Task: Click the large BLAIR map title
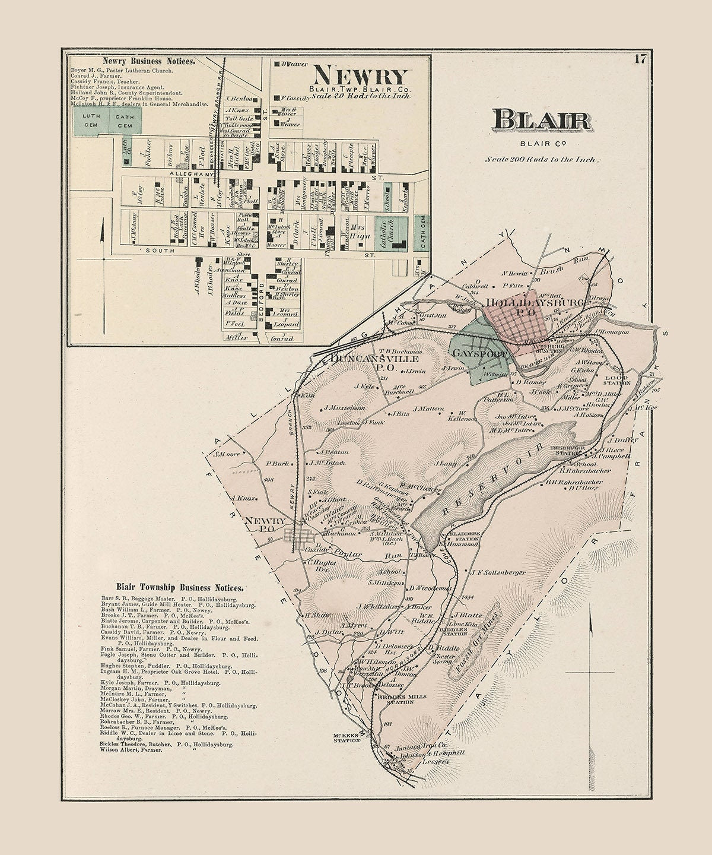[541, 121]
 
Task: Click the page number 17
[639, 59]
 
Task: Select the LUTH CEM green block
[90, 120]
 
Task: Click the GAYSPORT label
[479, 354]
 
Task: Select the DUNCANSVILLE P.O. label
[367, 363]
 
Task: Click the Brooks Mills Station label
[395, 698]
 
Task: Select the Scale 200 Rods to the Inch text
[543, 159]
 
